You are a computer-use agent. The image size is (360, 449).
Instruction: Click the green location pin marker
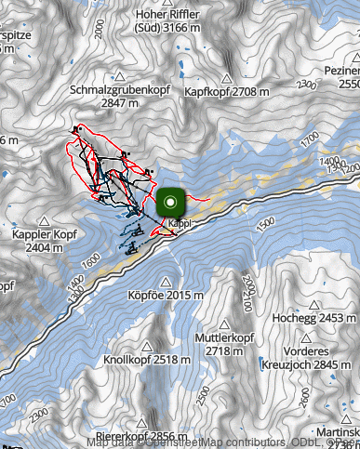coord(171,202)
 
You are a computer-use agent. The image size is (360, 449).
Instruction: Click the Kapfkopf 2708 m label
coord(227,93)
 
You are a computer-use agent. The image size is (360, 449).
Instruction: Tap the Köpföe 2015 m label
coord(165,295)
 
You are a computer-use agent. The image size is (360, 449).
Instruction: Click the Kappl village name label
coord(180,224)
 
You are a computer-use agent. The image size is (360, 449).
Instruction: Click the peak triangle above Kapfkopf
coord(227,78)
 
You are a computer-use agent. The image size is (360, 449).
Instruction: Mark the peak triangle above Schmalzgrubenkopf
coord(118,77)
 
